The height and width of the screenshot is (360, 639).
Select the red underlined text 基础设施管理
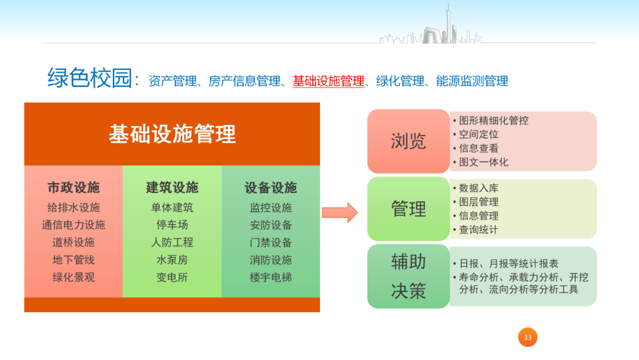(x=328, y=81)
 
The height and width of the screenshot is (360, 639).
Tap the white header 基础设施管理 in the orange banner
(x=172, y=134)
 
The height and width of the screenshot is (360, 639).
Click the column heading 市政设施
(x=73, y=188)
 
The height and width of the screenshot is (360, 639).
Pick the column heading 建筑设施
(x=172, y=188)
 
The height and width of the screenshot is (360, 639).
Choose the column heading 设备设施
(x=270, y=188)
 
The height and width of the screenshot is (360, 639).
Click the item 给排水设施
(x=73, y=208)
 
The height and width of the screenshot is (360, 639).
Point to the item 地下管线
(x=73, y=260)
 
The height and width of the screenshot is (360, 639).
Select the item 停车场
(x=172, y=225)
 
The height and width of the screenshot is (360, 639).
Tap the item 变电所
(x=172, y=277)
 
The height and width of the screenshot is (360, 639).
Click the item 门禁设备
(x=270, y=243)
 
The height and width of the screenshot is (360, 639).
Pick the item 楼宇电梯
(x=270, y=277)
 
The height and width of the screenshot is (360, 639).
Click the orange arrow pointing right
(x=340, y=212)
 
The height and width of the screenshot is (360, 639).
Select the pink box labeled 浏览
(x=408, y=141)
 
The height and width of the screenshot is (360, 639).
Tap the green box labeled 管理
(x=408, y=208)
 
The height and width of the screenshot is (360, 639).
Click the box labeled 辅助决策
(x=408, y=276)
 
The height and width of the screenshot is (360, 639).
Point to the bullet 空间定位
(x=479, y=134)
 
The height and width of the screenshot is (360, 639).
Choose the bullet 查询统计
(x=479, y=230)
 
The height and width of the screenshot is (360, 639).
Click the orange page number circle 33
(x=528, y=337)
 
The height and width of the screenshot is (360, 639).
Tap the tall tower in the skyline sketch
(x=447, y=24)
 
